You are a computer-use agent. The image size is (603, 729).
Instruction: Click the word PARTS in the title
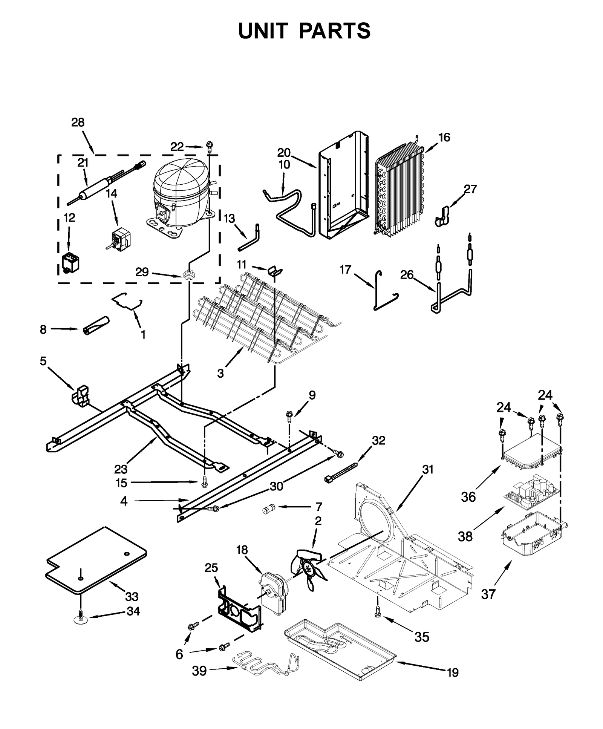335,31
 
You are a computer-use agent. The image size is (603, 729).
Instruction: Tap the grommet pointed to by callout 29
189,275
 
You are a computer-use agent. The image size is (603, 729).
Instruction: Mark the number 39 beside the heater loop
199,671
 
